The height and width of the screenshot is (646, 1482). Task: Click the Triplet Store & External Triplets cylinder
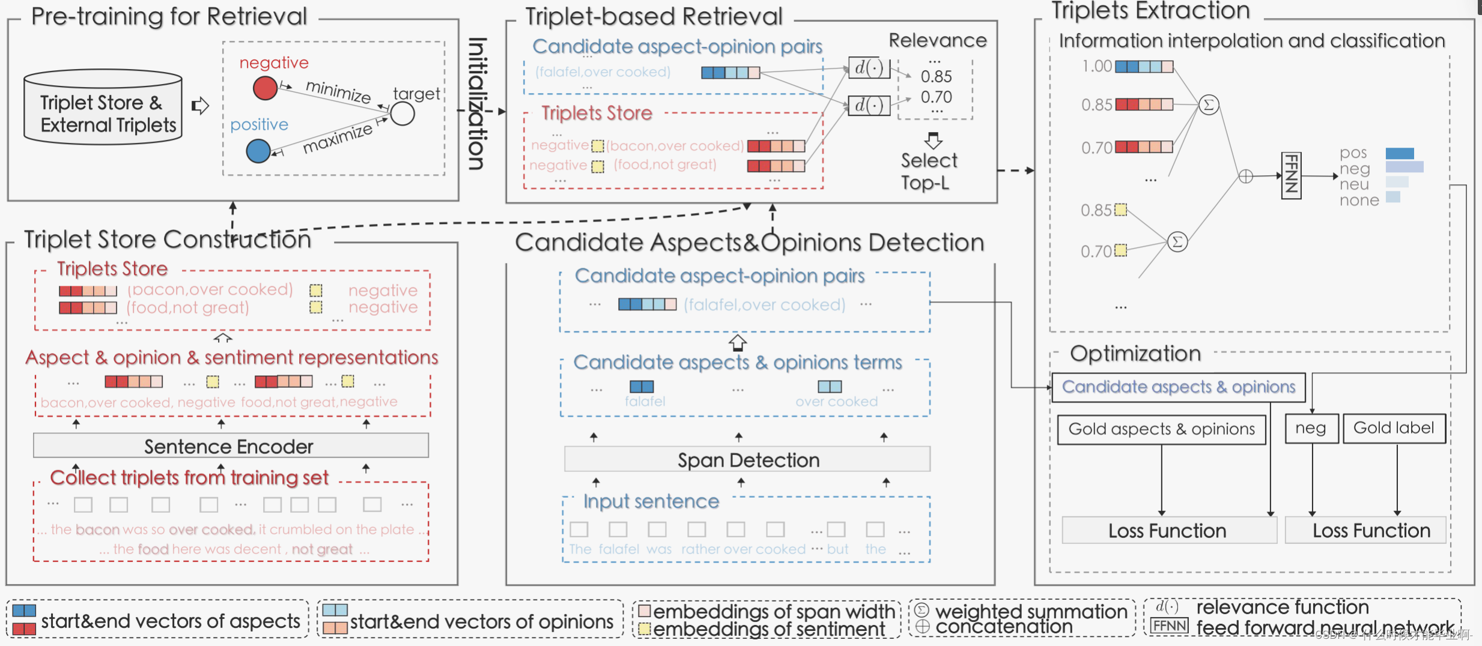point(103,108)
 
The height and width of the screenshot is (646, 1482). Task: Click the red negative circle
point(265,88)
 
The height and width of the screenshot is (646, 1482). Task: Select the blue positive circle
point(258,151)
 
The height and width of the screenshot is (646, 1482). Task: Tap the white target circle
point(402,113)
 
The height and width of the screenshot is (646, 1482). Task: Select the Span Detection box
point(747,460)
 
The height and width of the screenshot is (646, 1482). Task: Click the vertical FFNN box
point(1291,175)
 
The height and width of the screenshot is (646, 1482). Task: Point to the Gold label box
point(1394,428)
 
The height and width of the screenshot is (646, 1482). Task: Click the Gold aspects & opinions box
point(1161,429)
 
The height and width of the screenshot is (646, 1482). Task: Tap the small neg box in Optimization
point(1311,429)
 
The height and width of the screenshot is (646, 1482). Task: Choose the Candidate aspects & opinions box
point(1178,387)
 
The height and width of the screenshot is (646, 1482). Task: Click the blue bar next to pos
point(1399,154)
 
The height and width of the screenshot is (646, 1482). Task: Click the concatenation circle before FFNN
point(1246,177)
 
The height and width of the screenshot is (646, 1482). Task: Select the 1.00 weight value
point(1096,66)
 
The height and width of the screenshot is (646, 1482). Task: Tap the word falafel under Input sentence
point(619,549)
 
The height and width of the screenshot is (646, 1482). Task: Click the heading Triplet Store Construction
point(168,240)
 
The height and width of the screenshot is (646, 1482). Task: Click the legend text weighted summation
point(1031,611)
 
